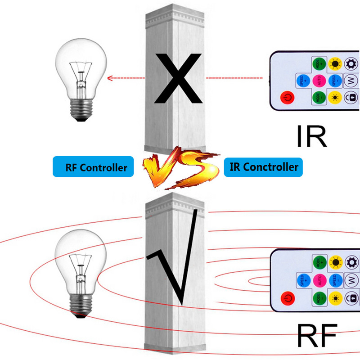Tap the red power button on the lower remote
[287, 297]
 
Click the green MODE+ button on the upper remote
[319, 63]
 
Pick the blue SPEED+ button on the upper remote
[303, 80]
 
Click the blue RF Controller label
[93, 167]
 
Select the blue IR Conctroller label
[264, 167]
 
